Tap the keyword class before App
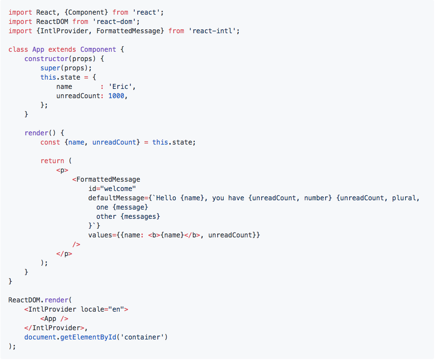(18, 49)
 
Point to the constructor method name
(46, 59)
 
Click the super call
(50, 68)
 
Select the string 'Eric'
(122, 86)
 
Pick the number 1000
(116, 96)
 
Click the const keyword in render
(50, 142)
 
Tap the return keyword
(52, 161)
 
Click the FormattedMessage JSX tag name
(108, 179)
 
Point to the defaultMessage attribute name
(116, 198)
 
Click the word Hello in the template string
(164, 198)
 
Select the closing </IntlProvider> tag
(54, 328)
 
